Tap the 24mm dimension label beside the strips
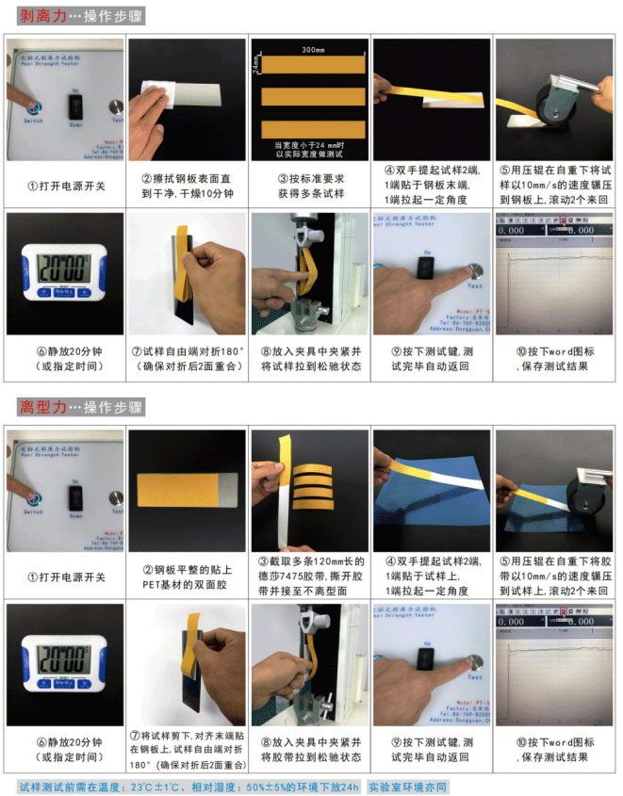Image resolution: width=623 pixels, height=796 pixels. click(x=256, y=65)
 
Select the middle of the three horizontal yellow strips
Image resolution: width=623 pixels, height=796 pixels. click(x=310, y=96)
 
